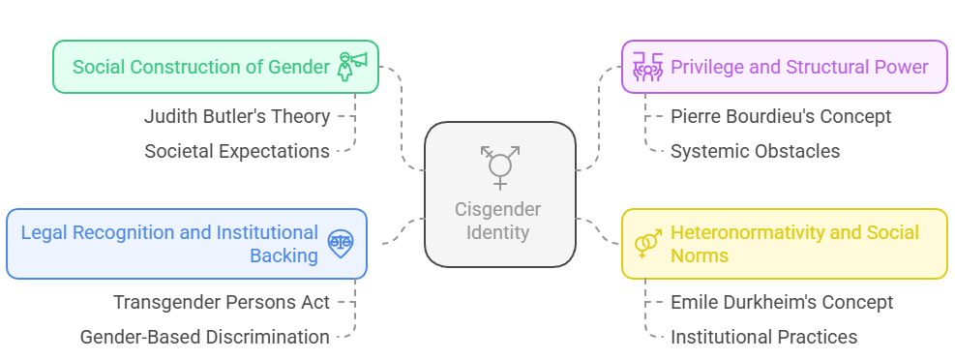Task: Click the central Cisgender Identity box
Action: click(500, 194)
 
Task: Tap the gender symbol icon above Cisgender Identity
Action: click(500, 165)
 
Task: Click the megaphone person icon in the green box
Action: click(351, 66)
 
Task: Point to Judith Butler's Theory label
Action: click(237, 117)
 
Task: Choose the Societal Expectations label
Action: click(237, 151)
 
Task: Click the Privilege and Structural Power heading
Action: click(799, 67)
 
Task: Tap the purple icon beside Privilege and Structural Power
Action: click(646, 67)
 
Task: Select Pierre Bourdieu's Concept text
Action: click(781, 117)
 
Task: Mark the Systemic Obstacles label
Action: click(755, 151)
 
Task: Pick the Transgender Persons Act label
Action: click(222, 302)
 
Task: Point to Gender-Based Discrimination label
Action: click(205, 337)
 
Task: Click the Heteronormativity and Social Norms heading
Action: click(794, 244)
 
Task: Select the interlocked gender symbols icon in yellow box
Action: click(647, 242)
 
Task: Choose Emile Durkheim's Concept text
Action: click(782, 302)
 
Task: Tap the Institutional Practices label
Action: click(763, 337)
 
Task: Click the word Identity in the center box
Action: click(500, 232)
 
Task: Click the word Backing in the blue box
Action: click(284, 255)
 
